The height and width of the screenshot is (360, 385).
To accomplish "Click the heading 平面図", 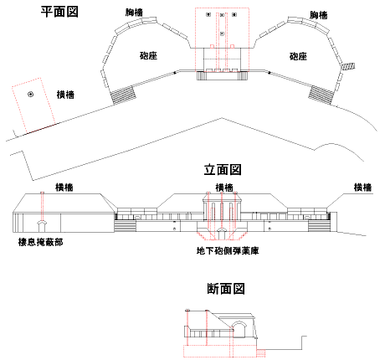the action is [x=59, y=12].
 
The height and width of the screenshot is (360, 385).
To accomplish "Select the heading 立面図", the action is [x=223, y=169].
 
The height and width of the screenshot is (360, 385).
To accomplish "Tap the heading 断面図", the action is [x=226, y=288].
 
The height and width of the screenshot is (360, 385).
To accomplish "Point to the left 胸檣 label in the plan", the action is [x=134, y=13].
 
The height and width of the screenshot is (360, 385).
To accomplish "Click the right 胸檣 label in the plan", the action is [x=318, y=15].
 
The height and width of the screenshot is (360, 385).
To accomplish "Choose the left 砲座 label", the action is [x=148, y=55].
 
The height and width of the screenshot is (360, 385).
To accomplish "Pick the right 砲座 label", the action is [x=298, y=56].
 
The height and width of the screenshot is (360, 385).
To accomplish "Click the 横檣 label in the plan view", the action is [x=65, y=95].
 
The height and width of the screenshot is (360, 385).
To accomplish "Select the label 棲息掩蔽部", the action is [x=41, y=242].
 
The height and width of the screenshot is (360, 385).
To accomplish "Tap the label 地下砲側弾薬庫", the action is [x=228, y=250].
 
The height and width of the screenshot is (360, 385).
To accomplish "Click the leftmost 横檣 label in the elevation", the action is [x=64, y=187].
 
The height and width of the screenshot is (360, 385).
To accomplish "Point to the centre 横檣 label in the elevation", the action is [x=224, y=188].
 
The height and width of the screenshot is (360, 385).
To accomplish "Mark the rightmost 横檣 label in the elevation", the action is [x=362, y=187].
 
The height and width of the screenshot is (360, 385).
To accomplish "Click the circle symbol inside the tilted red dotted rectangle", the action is [x=30, y=95].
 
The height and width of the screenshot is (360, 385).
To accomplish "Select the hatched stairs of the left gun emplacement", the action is [x=124, y=95].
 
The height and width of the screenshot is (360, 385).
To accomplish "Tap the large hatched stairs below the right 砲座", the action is [x=321, y=95].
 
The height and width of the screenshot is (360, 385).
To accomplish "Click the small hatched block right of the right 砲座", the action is [x=348, y=66].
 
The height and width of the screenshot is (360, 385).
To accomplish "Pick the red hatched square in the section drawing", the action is [x=260, y=353].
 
